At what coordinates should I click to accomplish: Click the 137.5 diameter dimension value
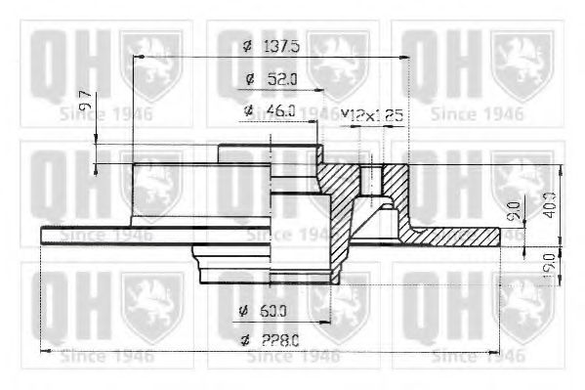(283, 46)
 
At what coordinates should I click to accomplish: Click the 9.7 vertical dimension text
(85, 101)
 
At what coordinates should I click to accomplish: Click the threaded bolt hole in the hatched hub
(373, 180)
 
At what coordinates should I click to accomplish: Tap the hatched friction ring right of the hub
(459, 236)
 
